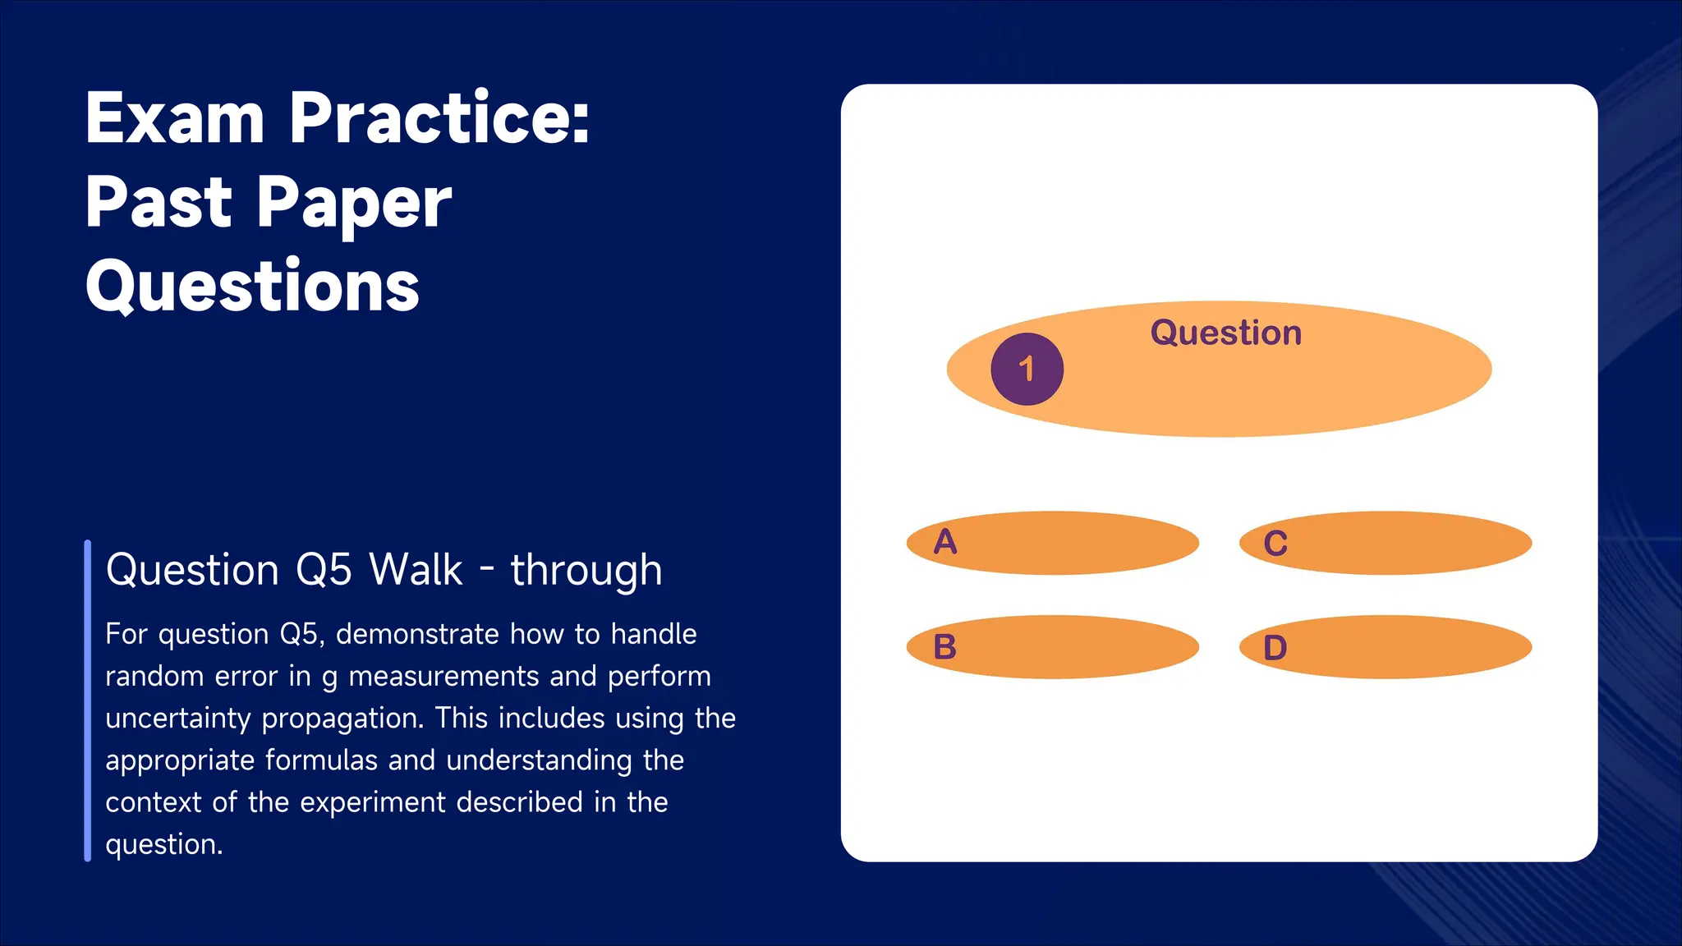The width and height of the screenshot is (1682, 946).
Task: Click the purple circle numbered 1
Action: (1027, 369)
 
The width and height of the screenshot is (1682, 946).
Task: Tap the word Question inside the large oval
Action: (1225, 333)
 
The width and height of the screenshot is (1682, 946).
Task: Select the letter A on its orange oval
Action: (945, 542)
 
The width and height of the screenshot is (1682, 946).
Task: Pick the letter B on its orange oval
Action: (945, 647)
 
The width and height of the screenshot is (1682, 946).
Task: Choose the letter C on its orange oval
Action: (1275, 544)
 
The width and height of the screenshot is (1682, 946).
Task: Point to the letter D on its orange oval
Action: (1275, 648)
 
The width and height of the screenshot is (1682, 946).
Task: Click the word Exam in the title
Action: (175, 118)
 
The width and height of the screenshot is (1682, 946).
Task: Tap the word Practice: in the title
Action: (439, 118)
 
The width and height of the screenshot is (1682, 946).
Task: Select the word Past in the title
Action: (159, 203)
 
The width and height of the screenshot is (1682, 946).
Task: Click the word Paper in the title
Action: (354, 203)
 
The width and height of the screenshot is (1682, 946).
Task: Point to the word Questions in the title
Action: (253, 287)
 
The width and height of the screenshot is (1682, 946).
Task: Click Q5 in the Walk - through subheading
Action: (324, 570)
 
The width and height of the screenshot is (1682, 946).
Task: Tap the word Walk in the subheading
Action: (416, 570)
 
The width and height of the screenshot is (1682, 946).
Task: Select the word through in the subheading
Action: (586, 570)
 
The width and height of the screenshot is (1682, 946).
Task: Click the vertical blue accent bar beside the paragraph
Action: (88, 700)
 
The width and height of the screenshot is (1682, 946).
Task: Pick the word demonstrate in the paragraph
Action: (417, 634)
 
